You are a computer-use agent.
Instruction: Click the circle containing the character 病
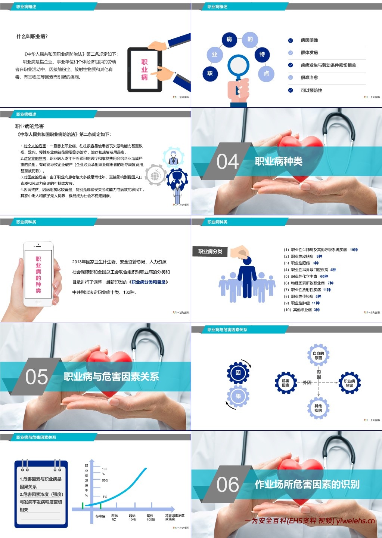229,40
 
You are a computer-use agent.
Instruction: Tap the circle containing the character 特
262,55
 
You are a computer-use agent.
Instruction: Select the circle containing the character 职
210,74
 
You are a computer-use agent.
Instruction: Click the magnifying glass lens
238,65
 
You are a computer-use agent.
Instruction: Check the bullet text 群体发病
309,53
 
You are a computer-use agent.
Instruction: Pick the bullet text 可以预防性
311,90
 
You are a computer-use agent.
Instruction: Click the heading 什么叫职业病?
32,37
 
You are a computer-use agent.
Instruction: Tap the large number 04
227,162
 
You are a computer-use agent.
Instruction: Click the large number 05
37,377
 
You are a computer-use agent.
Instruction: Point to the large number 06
227,485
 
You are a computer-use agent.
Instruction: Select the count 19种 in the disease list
354,250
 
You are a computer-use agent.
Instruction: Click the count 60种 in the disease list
324,277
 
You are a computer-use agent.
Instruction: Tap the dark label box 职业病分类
210,252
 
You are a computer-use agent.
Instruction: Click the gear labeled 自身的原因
318,356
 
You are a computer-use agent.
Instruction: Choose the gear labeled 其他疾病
318,408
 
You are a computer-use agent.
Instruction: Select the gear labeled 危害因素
286,383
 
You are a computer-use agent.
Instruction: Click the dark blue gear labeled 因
238,373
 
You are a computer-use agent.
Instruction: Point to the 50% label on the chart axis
105,480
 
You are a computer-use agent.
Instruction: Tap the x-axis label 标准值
100,516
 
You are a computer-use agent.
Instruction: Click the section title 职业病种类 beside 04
279,162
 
